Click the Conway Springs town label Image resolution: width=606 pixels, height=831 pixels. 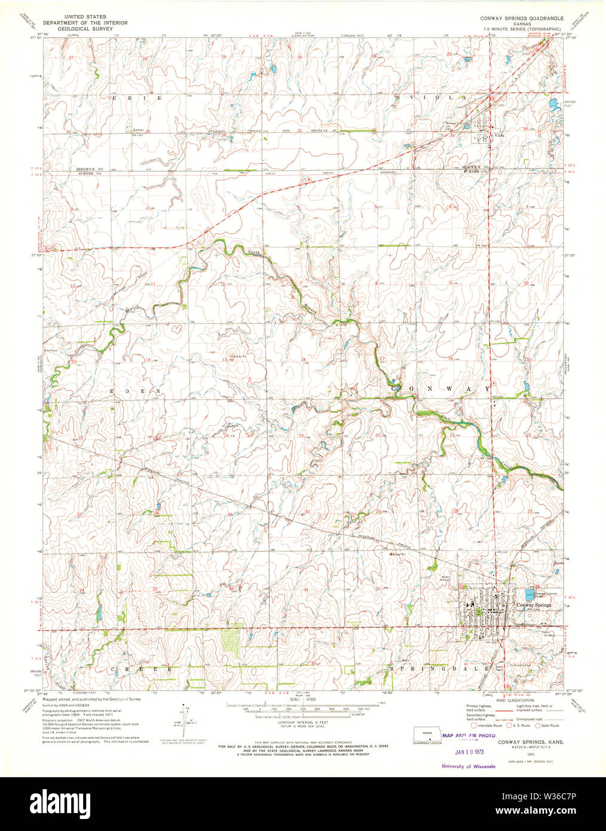click(534, 605)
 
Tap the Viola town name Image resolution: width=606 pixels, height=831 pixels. click(499, 135)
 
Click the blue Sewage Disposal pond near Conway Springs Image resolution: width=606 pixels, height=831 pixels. click(530, 595)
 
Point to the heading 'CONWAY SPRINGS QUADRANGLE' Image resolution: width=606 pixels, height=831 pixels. click(522, 19)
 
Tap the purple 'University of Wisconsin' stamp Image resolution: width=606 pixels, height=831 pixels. click(469, 766)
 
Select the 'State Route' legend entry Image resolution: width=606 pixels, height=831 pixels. click(548, 726)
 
